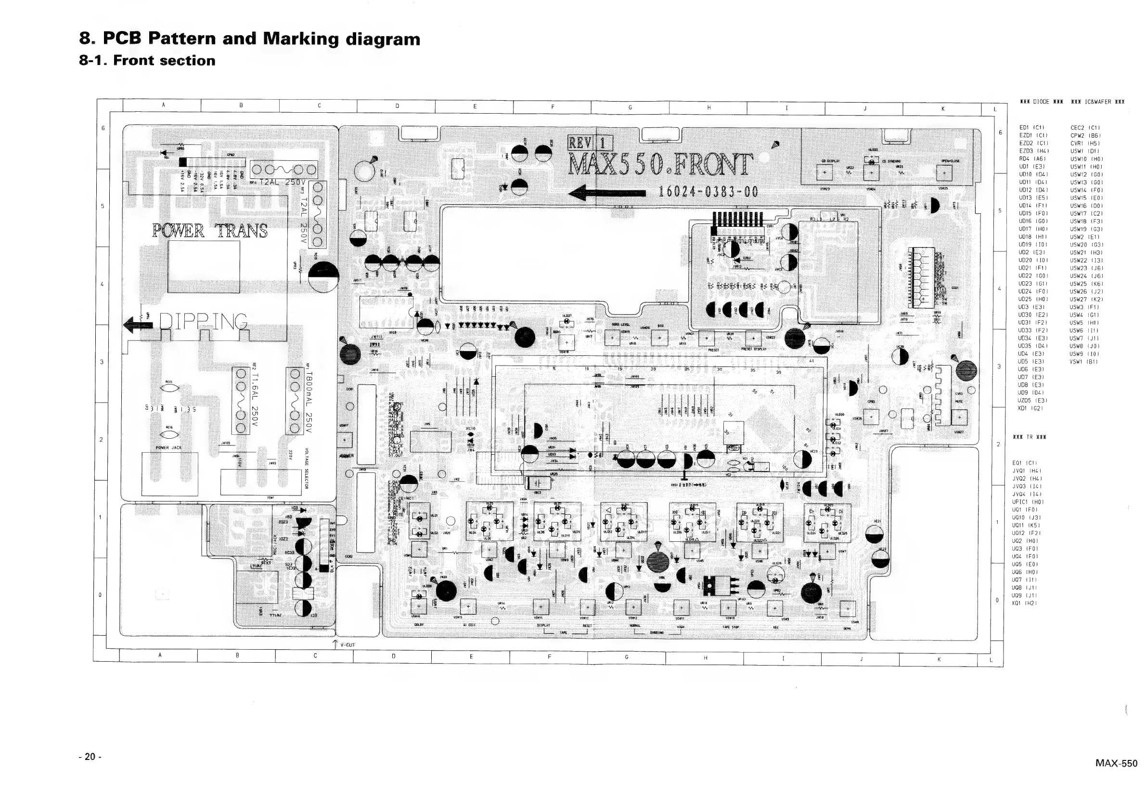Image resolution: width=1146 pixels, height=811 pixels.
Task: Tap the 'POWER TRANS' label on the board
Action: click(x=210, y=231)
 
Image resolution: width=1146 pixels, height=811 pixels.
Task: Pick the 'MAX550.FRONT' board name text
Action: click(x=660, y=164)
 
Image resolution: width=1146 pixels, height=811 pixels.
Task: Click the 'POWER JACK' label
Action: click(x=169, y=448)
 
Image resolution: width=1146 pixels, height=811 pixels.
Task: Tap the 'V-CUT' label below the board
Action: click(x=348, y=645)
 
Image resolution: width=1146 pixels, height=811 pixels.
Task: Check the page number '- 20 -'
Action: click(x=90, y=757)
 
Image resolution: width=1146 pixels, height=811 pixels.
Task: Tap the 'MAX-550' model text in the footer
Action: click(x=1117, y=763)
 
